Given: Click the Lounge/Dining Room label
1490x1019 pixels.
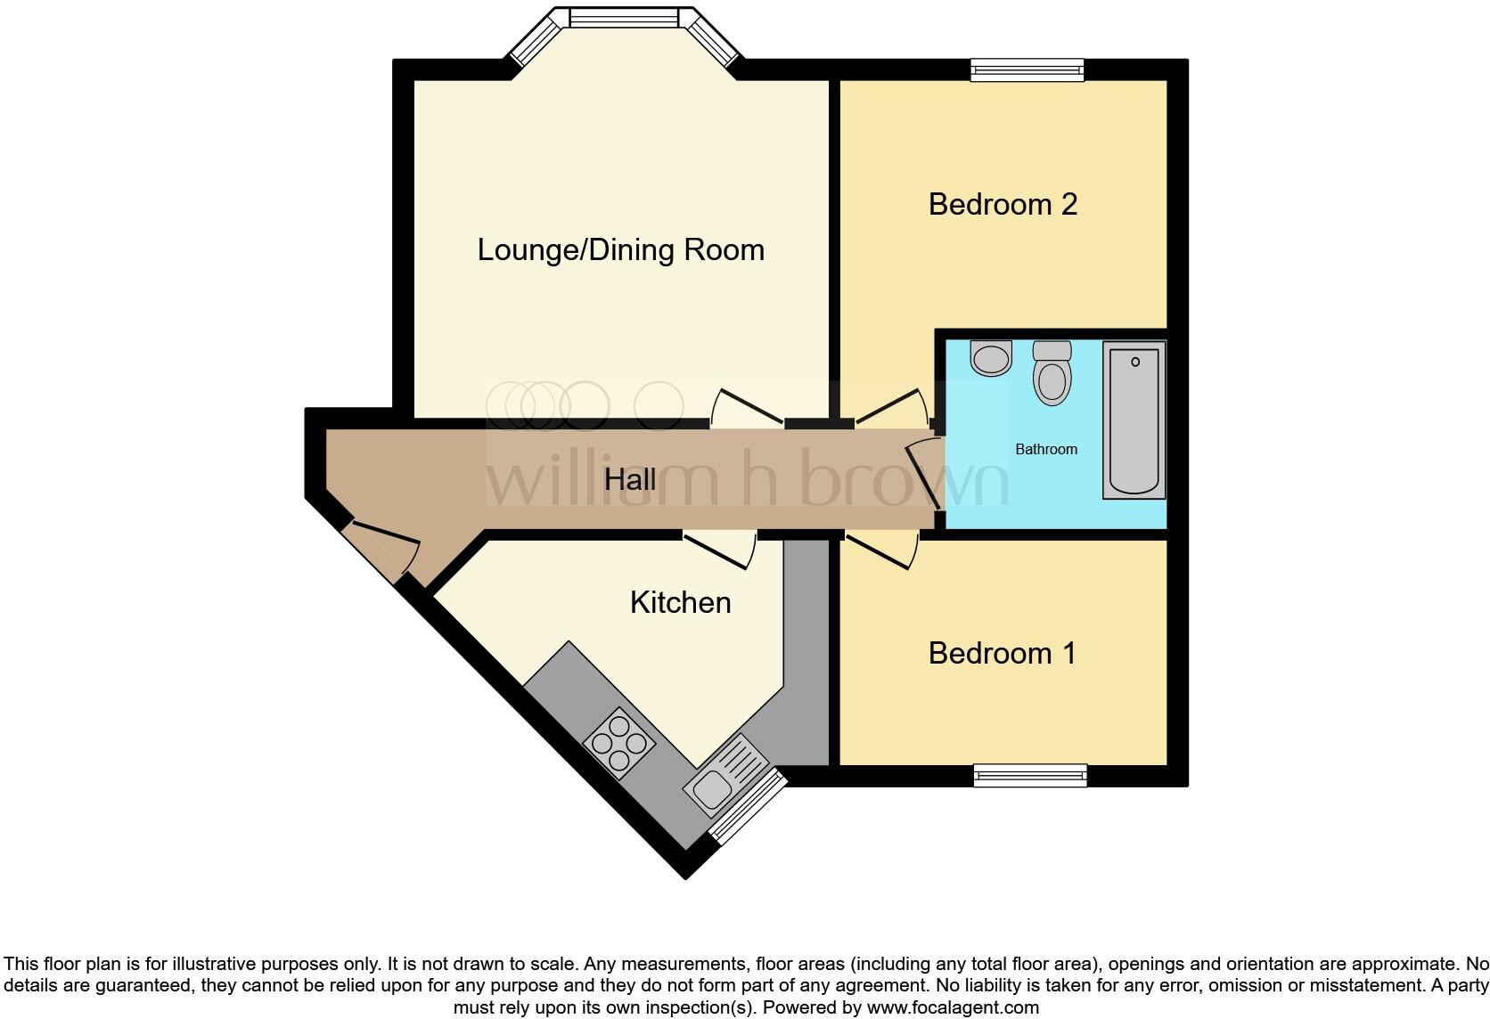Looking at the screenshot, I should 621,250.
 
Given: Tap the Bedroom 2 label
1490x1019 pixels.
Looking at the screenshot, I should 1003,205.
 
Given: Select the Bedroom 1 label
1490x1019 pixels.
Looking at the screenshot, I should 1002,654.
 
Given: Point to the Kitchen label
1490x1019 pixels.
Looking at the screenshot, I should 680,603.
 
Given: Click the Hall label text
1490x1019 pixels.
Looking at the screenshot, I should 630,481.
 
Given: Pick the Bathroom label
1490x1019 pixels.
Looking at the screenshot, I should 1046,450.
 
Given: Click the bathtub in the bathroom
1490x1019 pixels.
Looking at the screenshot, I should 1134,420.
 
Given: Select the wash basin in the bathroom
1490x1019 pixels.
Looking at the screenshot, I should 991,357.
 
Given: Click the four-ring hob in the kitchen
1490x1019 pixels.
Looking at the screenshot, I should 619,743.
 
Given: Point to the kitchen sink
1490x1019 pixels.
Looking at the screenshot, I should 726,773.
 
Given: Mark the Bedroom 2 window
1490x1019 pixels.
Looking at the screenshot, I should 1027,70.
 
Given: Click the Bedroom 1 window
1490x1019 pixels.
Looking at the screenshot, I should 1030,776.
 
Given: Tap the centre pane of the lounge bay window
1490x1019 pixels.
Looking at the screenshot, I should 624,17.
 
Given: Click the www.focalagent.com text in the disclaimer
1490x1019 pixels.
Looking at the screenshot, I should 952,1008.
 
